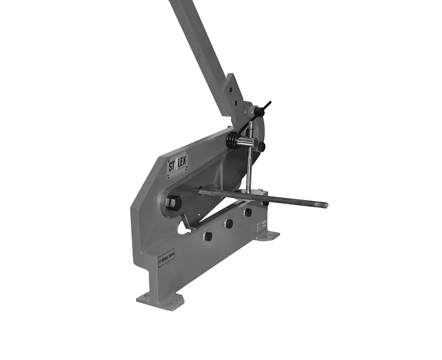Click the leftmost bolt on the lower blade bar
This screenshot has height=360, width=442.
(208, 236)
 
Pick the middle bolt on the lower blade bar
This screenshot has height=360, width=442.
(229, 224)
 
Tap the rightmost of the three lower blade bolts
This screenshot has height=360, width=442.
(248, 212)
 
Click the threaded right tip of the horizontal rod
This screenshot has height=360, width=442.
(323, 205)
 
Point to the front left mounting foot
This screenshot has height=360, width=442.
(160, 299)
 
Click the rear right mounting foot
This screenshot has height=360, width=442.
(267, 236)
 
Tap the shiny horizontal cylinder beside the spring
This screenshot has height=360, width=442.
(250, 142)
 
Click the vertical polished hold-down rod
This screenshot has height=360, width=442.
(248, 170)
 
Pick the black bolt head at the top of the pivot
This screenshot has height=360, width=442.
(255, 111)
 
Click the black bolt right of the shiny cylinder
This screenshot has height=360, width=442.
(262, 147)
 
